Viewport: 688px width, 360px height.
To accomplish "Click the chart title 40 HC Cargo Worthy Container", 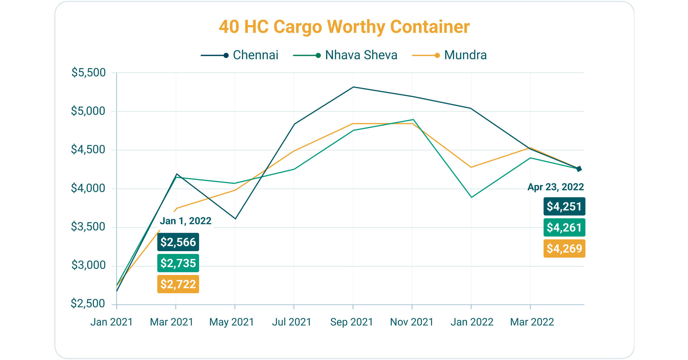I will pos(344,27).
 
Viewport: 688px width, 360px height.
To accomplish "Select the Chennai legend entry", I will pos(240,55).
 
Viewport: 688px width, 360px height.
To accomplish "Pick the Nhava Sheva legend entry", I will pos(345,55).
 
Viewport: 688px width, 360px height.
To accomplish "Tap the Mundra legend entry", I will pos(450,55).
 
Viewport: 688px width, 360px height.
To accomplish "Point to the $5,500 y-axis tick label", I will pos(88,72).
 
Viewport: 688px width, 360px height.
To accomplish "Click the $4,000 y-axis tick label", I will pos(88,188).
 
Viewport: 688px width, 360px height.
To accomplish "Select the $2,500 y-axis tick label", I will pos(88,304).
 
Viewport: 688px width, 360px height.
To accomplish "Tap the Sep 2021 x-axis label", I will pos(352,322).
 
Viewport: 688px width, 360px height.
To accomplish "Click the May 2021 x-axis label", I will pos(232,322).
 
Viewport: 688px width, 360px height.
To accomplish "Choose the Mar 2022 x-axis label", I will pos(532,322).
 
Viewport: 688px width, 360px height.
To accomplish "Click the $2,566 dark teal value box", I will pos(178,242).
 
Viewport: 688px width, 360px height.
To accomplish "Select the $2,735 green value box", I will pos(178,263).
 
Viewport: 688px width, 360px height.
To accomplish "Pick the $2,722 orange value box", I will pos(178,284).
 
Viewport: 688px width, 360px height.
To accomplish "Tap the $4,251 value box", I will pos(564,207).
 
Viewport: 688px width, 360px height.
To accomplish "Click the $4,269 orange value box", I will pos(564,248).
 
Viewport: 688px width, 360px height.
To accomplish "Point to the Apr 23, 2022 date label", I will pos(555,187).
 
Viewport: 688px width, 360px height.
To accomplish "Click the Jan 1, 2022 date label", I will pos(186,221).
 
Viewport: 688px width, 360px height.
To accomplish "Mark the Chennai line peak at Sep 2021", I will pos(353,87).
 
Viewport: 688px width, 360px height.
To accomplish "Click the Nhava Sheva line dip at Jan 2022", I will pos(471,197).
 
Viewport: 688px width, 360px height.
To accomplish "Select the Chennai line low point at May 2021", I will pos(235,219).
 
